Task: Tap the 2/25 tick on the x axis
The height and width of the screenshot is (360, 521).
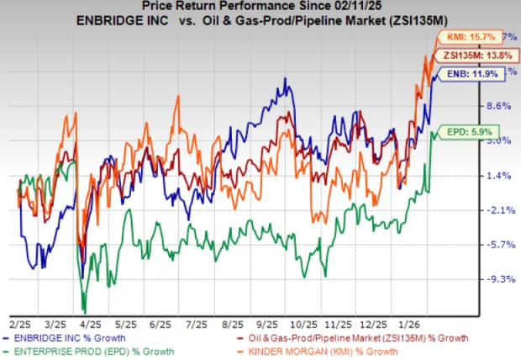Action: (x=18, y=323)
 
